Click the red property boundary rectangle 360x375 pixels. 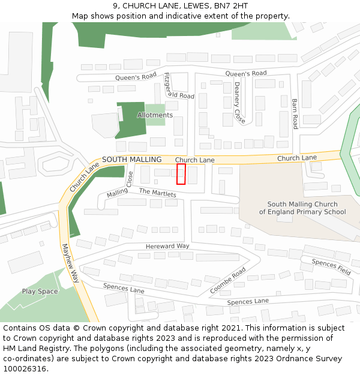[181, 174]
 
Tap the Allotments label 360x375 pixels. [155, 115]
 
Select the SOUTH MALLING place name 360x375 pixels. [132, 160]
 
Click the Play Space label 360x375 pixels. [40, 292]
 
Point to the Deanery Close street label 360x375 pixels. [239, 103]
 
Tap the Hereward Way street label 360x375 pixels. [167, 247]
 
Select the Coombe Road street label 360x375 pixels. [228, 280]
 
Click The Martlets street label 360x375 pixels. [158, 193]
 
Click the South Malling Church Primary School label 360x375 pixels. [302, 208]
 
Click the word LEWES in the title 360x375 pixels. [190, 6]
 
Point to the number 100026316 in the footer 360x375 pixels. [25, 368]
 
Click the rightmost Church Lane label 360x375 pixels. [296, 158]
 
